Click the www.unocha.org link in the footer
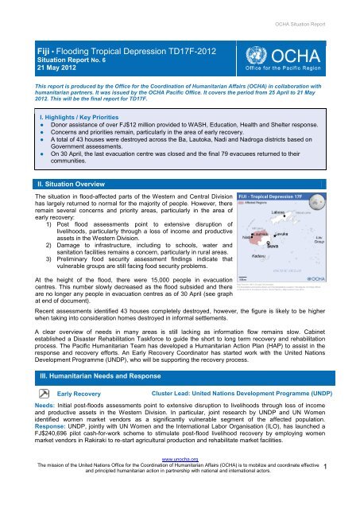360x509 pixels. pos(180,481)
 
